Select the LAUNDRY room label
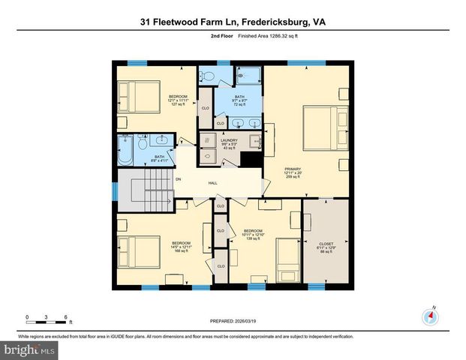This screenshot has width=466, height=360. point(227,140)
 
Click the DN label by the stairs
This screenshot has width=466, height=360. point(178,179)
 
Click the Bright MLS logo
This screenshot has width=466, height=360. point(29,349)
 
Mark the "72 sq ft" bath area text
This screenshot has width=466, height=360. point(239,106)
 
